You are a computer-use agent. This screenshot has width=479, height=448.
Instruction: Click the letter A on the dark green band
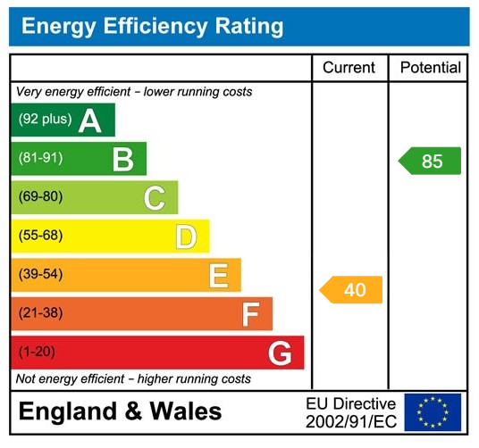(x=90, y=120)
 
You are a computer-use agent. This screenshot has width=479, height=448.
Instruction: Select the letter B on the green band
(x=122, y=160)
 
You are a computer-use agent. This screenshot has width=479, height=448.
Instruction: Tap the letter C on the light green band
(x=155, y=198)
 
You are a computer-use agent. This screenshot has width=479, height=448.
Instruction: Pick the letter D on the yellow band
(x=186, y=237)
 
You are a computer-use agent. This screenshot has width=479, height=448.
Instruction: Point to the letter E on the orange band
(x=218, y=276)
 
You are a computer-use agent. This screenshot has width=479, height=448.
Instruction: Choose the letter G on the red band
(x=281, y=354)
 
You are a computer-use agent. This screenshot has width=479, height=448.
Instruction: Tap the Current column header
(x=349, y=68)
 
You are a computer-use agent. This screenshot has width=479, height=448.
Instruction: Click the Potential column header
(x=430, y=68)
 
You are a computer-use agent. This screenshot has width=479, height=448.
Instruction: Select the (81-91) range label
(x=40, y=159)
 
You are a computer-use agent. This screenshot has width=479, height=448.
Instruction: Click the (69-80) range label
(x=40, y=197)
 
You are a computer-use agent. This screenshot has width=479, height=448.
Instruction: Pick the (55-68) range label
(x=40, y=236)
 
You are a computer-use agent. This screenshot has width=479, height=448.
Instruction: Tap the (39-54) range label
(x=40, y=275)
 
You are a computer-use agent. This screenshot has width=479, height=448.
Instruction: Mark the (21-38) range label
(x=40, y=313)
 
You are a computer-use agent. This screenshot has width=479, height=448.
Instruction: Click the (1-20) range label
(x=37, y=352)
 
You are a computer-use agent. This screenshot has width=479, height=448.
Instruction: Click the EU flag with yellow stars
(x=433, y=412)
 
